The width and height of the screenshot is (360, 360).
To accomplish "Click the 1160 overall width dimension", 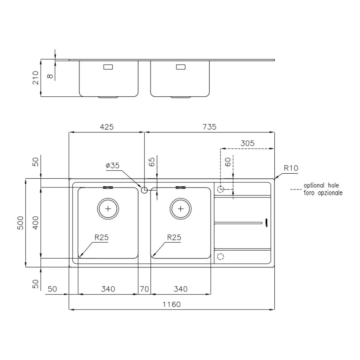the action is (172, 304).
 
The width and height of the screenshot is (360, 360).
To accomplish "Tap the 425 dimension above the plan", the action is (107, 127).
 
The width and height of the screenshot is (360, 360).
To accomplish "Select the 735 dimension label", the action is (209, 127).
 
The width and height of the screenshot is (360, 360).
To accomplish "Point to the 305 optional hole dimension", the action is (247, 143).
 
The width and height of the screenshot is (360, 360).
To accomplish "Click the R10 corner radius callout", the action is (291, 168).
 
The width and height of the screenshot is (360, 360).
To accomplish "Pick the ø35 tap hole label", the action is (113, 165).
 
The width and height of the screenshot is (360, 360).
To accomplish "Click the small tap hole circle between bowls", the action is (144, 190).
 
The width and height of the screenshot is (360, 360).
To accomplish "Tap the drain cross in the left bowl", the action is (108, 209).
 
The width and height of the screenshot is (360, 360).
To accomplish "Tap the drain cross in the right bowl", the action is (181, 209).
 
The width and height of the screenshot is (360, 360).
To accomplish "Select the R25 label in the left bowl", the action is (101, 237).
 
